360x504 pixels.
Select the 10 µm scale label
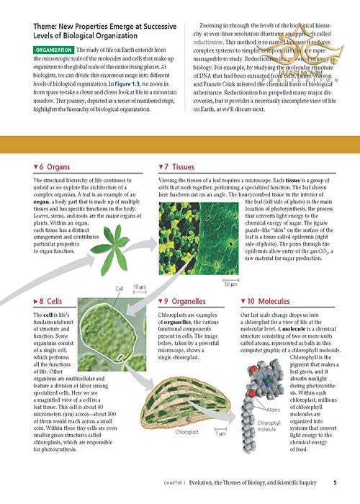tap(140, 287)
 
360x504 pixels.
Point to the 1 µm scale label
tap(221, 435)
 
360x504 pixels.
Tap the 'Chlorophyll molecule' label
tap(269, 426)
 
